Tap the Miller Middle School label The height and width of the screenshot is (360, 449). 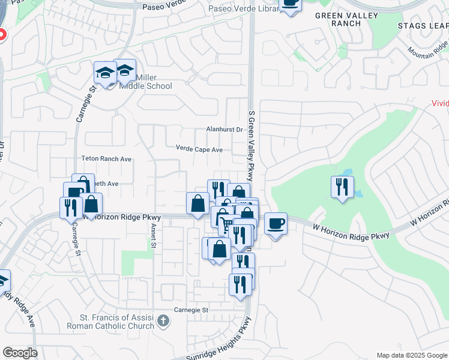[x=146, y=82]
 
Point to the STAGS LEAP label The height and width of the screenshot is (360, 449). [x=423, y=26]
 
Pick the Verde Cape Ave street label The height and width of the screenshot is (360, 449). [x=199, y=149]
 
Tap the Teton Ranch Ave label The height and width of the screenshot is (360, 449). [x=106, y=159]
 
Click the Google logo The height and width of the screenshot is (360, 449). [x=20, y=353]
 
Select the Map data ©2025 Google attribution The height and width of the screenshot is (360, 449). [x=411, y=355]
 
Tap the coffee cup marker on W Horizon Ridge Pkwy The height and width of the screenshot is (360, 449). [x=276, y=224]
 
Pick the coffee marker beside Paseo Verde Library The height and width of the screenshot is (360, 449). [x=291, y=4]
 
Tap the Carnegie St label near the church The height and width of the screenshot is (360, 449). [x=190, y=310]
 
